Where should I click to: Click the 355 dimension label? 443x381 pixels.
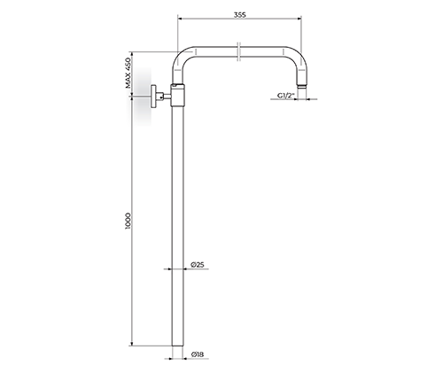point(239,15)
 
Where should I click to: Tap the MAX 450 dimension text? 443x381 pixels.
point(128,73)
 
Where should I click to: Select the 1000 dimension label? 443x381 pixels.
point(128,221)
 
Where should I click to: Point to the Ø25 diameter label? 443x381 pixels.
point(198,265)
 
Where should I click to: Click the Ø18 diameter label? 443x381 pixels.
point(198,354)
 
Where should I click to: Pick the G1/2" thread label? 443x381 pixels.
point(286,96)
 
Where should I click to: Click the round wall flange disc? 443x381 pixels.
point(153,97)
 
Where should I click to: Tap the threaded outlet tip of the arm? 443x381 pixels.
point(302,86)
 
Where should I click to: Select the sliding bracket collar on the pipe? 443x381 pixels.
point(178,95)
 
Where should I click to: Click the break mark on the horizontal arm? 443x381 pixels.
point(239,51)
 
